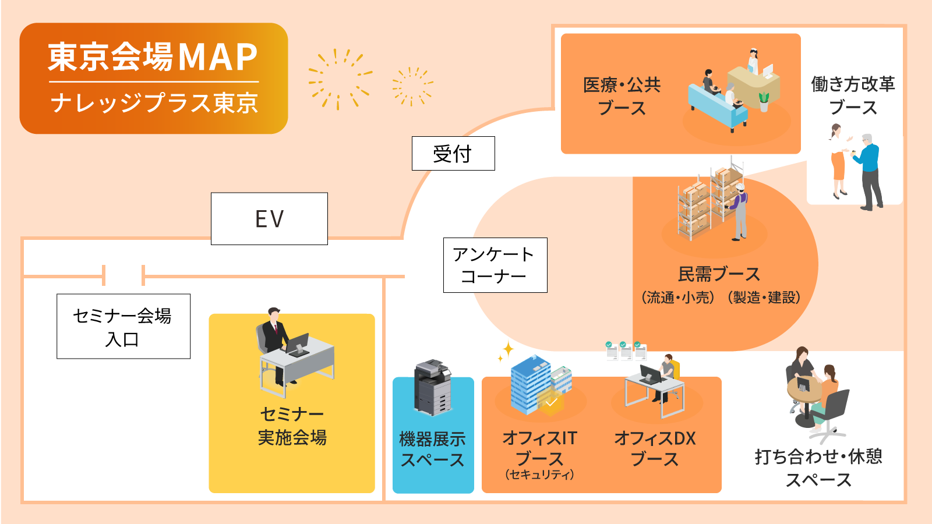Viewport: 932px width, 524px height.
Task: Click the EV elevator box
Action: point(269,219)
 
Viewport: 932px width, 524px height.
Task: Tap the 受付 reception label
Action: point(453,154)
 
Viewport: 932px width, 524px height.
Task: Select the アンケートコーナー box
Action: point(495,265)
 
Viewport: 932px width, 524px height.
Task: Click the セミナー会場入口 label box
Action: point(123,327)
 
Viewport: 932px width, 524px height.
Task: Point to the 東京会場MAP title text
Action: point(153,57)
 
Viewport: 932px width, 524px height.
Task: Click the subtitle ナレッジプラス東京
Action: point(154,103)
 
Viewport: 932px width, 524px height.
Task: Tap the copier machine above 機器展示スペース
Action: point(432,387)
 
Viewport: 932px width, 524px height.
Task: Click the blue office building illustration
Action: point(531,384)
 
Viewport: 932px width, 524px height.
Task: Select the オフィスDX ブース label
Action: point(655,448)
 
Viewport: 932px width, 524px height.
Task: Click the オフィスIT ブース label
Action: point(539,448)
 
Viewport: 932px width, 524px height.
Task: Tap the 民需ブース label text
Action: point(719,274)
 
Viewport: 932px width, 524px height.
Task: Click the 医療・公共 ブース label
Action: point(622,96)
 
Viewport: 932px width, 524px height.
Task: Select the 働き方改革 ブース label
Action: point(853,95)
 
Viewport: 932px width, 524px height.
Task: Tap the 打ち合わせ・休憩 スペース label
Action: point(818,468)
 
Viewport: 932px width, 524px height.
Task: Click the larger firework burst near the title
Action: point(339,79)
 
